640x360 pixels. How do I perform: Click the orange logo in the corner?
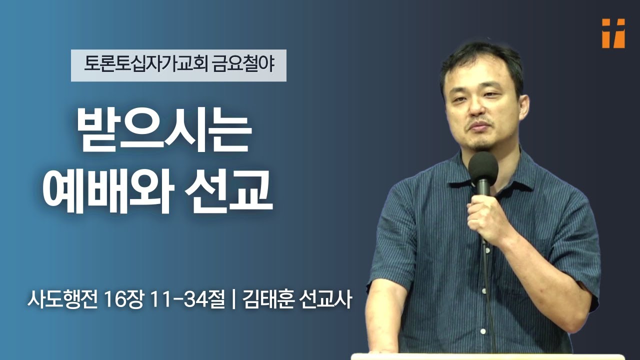pyautogui.click(x=613, y=33)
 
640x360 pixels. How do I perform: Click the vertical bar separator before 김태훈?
pyautogui.click(x=234, y=301)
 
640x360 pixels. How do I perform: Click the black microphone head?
pyautogui.click(x=483, y=167)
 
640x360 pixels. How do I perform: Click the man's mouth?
pyautogui.click(x=479, y=125)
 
